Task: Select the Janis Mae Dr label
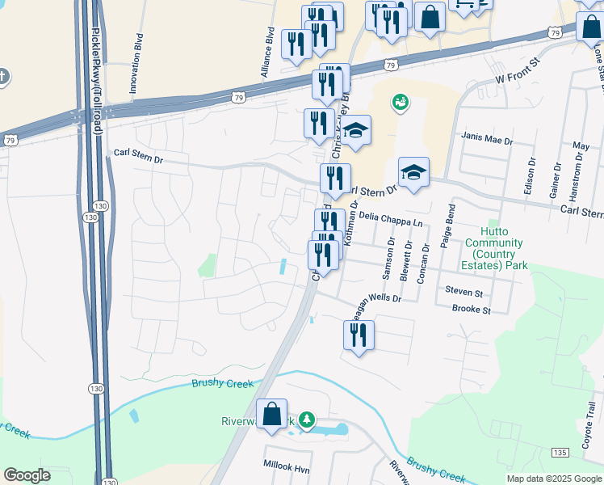click(487, 140)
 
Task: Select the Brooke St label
click(471, 310)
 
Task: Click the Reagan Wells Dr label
click(373, 306)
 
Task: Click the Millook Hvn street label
click(287, 465)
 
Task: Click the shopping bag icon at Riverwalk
click(273, 414)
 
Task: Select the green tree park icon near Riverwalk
click(305, 419)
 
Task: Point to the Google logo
click(27, 475)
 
